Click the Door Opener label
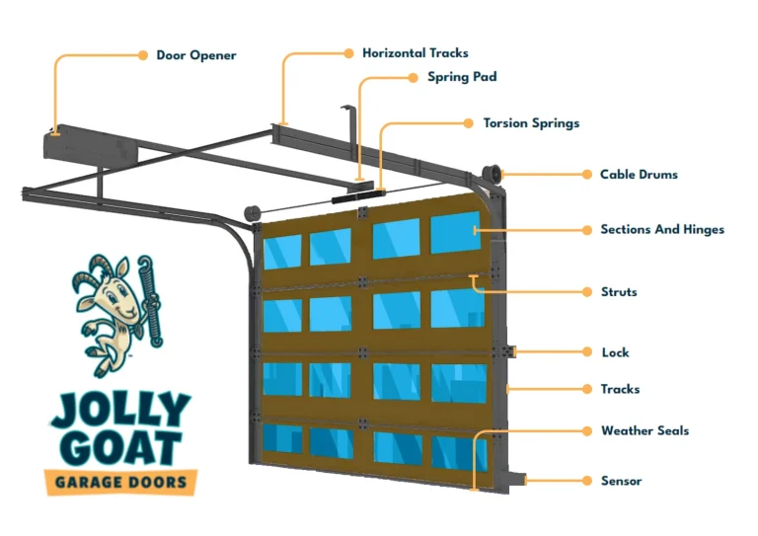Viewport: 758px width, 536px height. [196, 55]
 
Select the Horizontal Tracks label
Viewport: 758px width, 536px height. [415, 52]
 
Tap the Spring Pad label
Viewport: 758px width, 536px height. [462, 76]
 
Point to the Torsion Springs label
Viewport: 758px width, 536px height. [531, 123]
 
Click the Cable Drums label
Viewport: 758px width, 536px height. [639, 175]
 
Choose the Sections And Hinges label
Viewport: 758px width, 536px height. [662, 229]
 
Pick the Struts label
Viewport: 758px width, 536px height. [619, 292]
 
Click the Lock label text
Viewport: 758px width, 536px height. [615, 352]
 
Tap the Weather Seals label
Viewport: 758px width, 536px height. [644, 430]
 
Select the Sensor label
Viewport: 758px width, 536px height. [621, 481]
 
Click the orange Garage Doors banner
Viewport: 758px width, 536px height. [120, 483]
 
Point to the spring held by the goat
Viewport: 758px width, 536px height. [151, 300]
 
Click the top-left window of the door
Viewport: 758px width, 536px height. [282, 250]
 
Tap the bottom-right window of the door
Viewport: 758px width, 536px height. [458, 450]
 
